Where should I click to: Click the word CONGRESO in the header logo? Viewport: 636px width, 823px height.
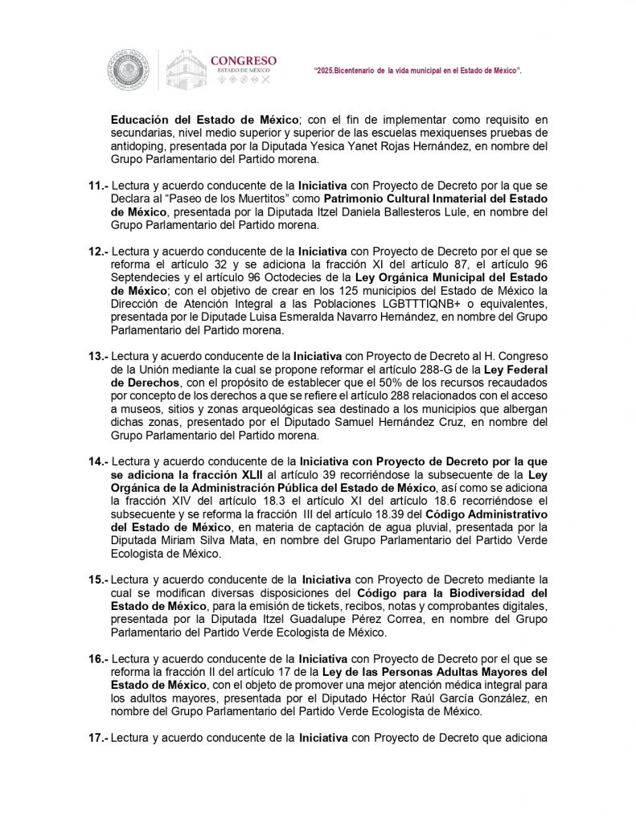[x=243, y=60]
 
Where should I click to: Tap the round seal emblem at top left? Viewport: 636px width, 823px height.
[x=129, y=70]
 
